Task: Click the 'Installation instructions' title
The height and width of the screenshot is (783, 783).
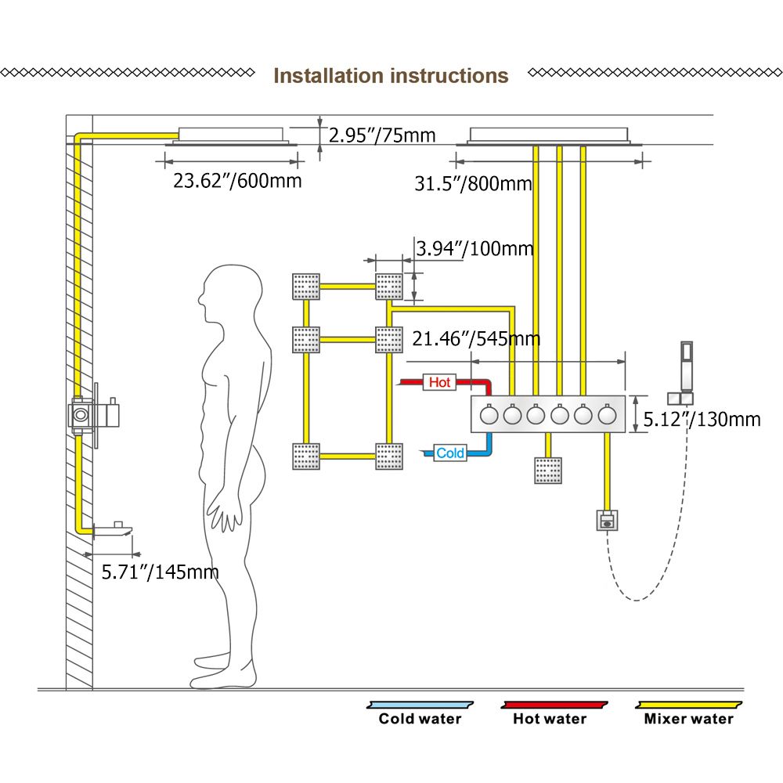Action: point(391,76)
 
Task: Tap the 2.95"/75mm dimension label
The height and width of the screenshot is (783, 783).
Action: point(381,135)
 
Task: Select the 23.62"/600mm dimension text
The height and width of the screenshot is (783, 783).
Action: point(236,181)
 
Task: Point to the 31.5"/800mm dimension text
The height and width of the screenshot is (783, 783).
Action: point(473,184)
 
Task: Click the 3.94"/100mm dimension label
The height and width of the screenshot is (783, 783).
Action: point(474,249)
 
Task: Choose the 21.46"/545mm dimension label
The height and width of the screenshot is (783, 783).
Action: point(476,339)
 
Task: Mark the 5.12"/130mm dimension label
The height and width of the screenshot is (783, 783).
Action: point(702,419)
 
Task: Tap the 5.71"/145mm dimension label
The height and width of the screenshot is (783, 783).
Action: point(161,572)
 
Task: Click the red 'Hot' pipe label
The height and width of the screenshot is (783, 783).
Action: point(439,382)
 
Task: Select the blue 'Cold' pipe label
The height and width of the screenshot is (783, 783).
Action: point(449,453)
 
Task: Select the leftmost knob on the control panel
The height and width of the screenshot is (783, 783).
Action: point(489,415)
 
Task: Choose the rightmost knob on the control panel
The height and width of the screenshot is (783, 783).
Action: point(607,415)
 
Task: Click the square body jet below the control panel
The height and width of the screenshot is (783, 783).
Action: point(547,471)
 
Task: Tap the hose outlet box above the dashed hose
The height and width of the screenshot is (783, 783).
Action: point(607,518)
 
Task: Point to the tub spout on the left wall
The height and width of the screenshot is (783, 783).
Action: point(110,529)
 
